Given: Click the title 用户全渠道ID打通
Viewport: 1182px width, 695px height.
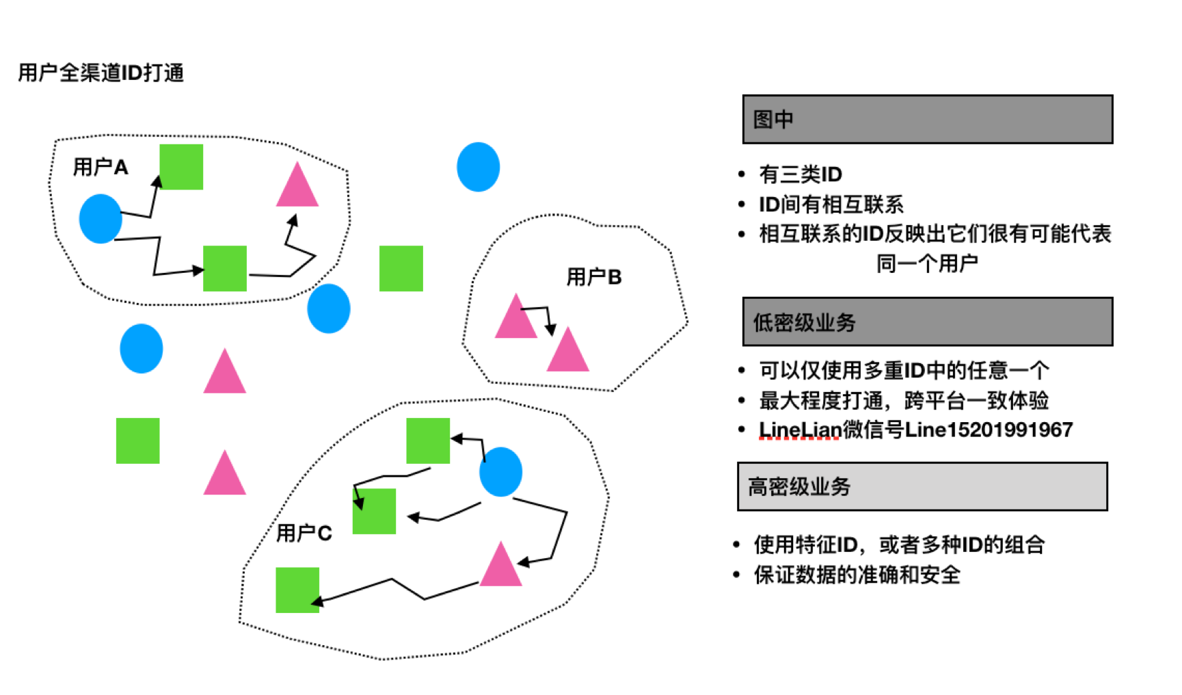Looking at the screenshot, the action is pos(101,73).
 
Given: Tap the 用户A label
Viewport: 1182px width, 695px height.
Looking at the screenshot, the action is pos(100,167).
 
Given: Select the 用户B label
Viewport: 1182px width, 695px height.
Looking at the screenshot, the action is pos(594,277).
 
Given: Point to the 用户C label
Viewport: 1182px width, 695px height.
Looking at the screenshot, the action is pos(304,533).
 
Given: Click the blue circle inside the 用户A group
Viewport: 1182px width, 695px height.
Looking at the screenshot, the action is pos(100,219).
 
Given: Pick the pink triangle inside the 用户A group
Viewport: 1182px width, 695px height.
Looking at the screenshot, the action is pos(297,185).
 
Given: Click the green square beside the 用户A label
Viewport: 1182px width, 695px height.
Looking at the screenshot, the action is pos(181,167).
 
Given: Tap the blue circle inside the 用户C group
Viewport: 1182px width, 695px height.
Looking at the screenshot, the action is pos(501,471).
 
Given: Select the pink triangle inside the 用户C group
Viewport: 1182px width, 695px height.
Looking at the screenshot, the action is pos(501,564).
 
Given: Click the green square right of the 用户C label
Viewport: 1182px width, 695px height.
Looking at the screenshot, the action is pos(374,511).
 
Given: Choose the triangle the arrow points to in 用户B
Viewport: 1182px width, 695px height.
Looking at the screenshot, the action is pos(567,350).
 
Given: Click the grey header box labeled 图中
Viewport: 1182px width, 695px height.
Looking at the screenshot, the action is pos(928,119).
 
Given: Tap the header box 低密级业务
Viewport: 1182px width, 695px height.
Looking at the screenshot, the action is pos(928,322).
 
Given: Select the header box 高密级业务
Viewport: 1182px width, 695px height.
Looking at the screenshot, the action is pos(922,486).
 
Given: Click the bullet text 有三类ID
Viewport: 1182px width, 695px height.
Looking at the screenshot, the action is pos(801,174).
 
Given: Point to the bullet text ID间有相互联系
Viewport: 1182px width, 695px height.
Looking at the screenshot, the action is pos(831,205).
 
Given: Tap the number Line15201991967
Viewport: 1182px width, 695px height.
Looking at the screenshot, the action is pos(989,430).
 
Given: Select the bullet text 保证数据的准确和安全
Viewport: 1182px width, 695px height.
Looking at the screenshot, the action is pos(857,575).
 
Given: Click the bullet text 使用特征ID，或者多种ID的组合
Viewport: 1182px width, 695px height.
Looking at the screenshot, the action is pos(899,545).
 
